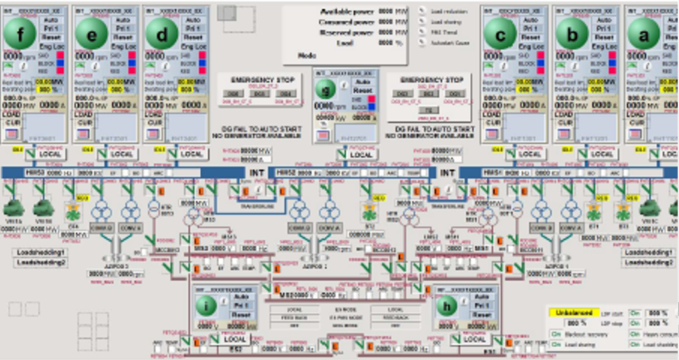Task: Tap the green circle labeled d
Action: pyautogui.click(x=161, y=33)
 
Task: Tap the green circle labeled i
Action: pyautogui.click(x=207, y=306)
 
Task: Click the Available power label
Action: pyautogui.click(x=346, y=12)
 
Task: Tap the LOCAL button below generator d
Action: pyautogui.click(x=192, y=154)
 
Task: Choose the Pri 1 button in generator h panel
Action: pyautogui.click(x=482, y=306)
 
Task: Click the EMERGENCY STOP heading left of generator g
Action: pyautogui.click(x=253, y=80)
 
